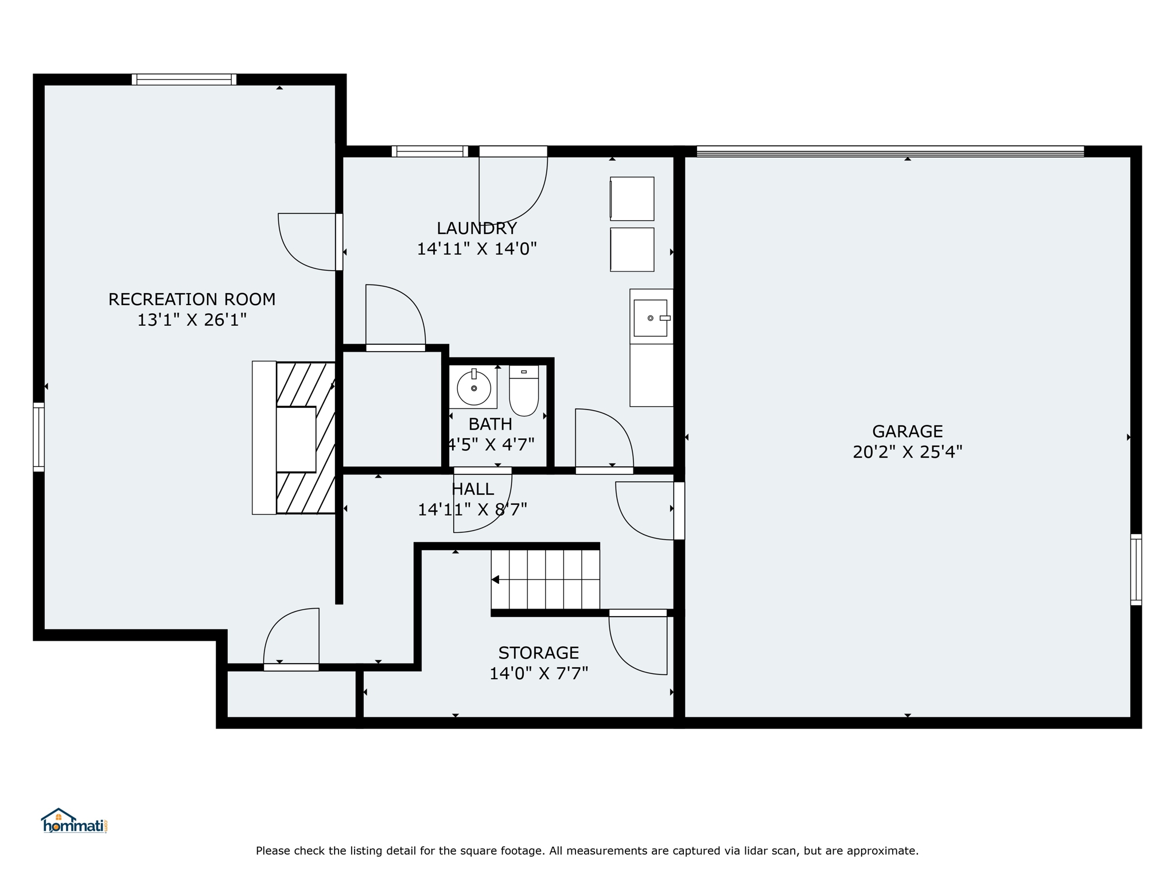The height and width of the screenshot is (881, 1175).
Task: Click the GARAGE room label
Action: point(907,431)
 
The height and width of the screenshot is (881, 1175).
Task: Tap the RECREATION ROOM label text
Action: point(192,299)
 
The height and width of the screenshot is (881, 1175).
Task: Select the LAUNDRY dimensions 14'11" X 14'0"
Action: point(477,249)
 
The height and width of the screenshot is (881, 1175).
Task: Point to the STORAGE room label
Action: point(538,653)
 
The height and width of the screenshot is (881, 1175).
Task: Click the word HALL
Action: point(473,489)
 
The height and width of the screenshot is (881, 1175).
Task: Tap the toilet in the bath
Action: point(524,391)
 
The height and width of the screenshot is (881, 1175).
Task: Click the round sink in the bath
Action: point(474,388)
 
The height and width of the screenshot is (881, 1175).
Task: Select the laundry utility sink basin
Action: point(650,318)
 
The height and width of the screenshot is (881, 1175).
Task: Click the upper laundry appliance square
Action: point(632,198)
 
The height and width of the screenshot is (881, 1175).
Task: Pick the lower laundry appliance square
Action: point(632,250)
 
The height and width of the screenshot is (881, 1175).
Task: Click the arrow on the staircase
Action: point(495,580)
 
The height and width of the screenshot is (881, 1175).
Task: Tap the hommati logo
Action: point(74,821)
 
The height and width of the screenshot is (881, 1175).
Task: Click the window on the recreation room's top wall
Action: point(184,80)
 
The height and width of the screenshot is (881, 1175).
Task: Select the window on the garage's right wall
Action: point(1136,570)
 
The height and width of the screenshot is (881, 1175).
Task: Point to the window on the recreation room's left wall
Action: point(38,437)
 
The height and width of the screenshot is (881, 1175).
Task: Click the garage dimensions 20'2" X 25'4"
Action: point(907,453)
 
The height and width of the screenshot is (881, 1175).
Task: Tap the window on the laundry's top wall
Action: point(430,151)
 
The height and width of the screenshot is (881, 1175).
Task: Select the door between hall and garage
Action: point(679,510)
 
